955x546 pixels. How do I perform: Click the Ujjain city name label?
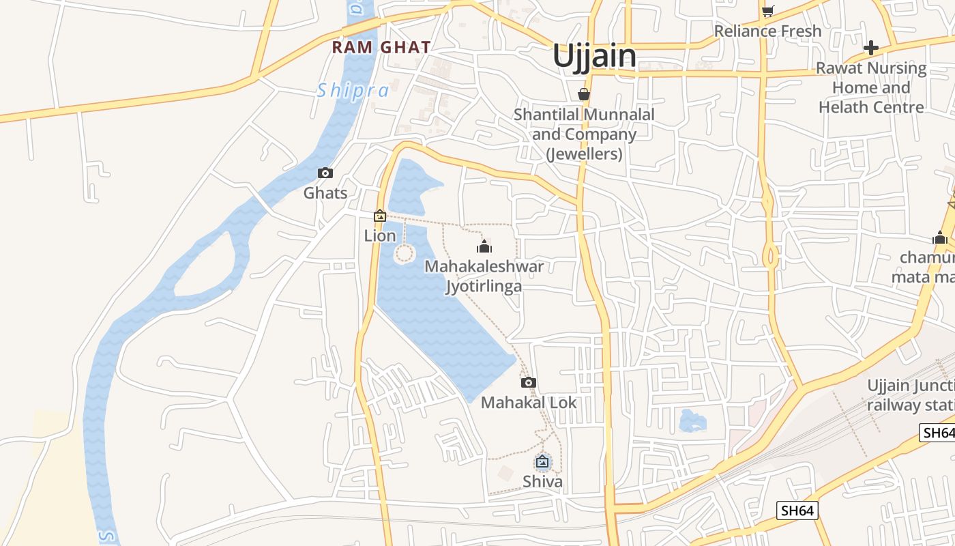tap(594, 56)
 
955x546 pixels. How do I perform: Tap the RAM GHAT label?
tap(381, 47)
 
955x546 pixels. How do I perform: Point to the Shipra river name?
tap(353, 91)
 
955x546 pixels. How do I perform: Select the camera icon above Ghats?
tap(325, 173)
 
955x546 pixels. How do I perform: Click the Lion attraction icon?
tap(380, 216)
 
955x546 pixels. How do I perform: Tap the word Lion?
tap(380, 235)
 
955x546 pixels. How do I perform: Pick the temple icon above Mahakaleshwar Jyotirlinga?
tap(484, 246)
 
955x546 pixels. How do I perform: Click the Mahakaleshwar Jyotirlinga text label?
tap(484, 276)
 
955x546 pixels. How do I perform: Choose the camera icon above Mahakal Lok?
tap(529, 382)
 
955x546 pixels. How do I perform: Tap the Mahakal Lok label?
tap(529, 403)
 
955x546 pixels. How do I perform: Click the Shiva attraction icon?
tap(542, 462)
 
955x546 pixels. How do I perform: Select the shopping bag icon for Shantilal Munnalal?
tap(584, 94)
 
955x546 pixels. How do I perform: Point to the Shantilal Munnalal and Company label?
tap(584, 134)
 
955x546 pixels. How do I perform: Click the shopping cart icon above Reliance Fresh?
tap(767, 11)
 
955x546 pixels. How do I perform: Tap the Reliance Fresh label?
tap(767, 31)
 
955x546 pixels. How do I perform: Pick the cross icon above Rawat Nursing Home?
tap(871, 48)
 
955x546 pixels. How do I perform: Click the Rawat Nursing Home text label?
tap(872, 87)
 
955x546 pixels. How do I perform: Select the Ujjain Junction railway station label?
tap(911, 395)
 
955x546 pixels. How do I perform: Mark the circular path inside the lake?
tap(405, 254)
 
